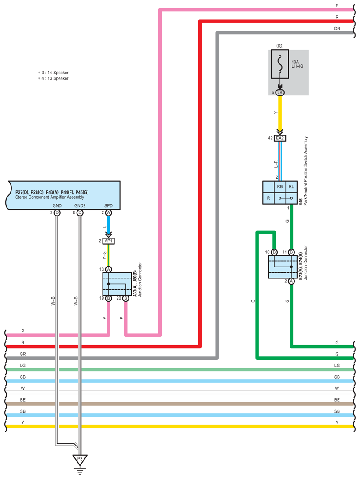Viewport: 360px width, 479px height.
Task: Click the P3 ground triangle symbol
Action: tap(80, 460)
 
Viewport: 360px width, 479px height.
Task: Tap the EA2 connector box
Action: tap(279, 138)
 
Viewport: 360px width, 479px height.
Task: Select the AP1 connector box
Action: tap(109, 241)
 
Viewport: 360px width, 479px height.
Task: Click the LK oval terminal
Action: tap(279, 92)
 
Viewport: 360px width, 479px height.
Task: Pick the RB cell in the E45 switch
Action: tap(279, 186)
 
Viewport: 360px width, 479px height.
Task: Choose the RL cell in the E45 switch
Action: tap(291, 186)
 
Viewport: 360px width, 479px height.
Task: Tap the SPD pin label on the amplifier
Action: tap(108, 205)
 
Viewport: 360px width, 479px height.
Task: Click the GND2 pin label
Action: tap(80, 205)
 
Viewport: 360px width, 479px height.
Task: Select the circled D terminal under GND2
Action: tap(80, 213)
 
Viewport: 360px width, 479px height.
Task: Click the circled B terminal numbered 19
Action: tap(108, 298)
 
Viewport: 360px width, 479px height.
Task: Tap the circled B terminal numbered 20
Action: tap(125, 298)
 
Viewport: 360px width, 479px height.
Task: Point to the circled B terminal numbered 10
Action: tap(274, 252)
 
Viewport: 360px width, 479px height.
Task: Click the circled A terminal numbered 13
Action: tap(108, 269)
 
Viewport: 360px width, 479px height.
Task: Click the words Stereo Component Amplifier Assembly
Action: tap(49, 197)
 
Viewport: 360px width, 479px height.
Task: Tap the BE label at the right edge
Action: tap(337, 400)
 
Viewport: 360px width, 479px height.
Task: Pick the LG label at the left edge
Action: tap(22, 366)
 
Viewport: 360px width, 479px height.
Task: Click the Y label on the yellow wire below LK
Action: tap(276, 113)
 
